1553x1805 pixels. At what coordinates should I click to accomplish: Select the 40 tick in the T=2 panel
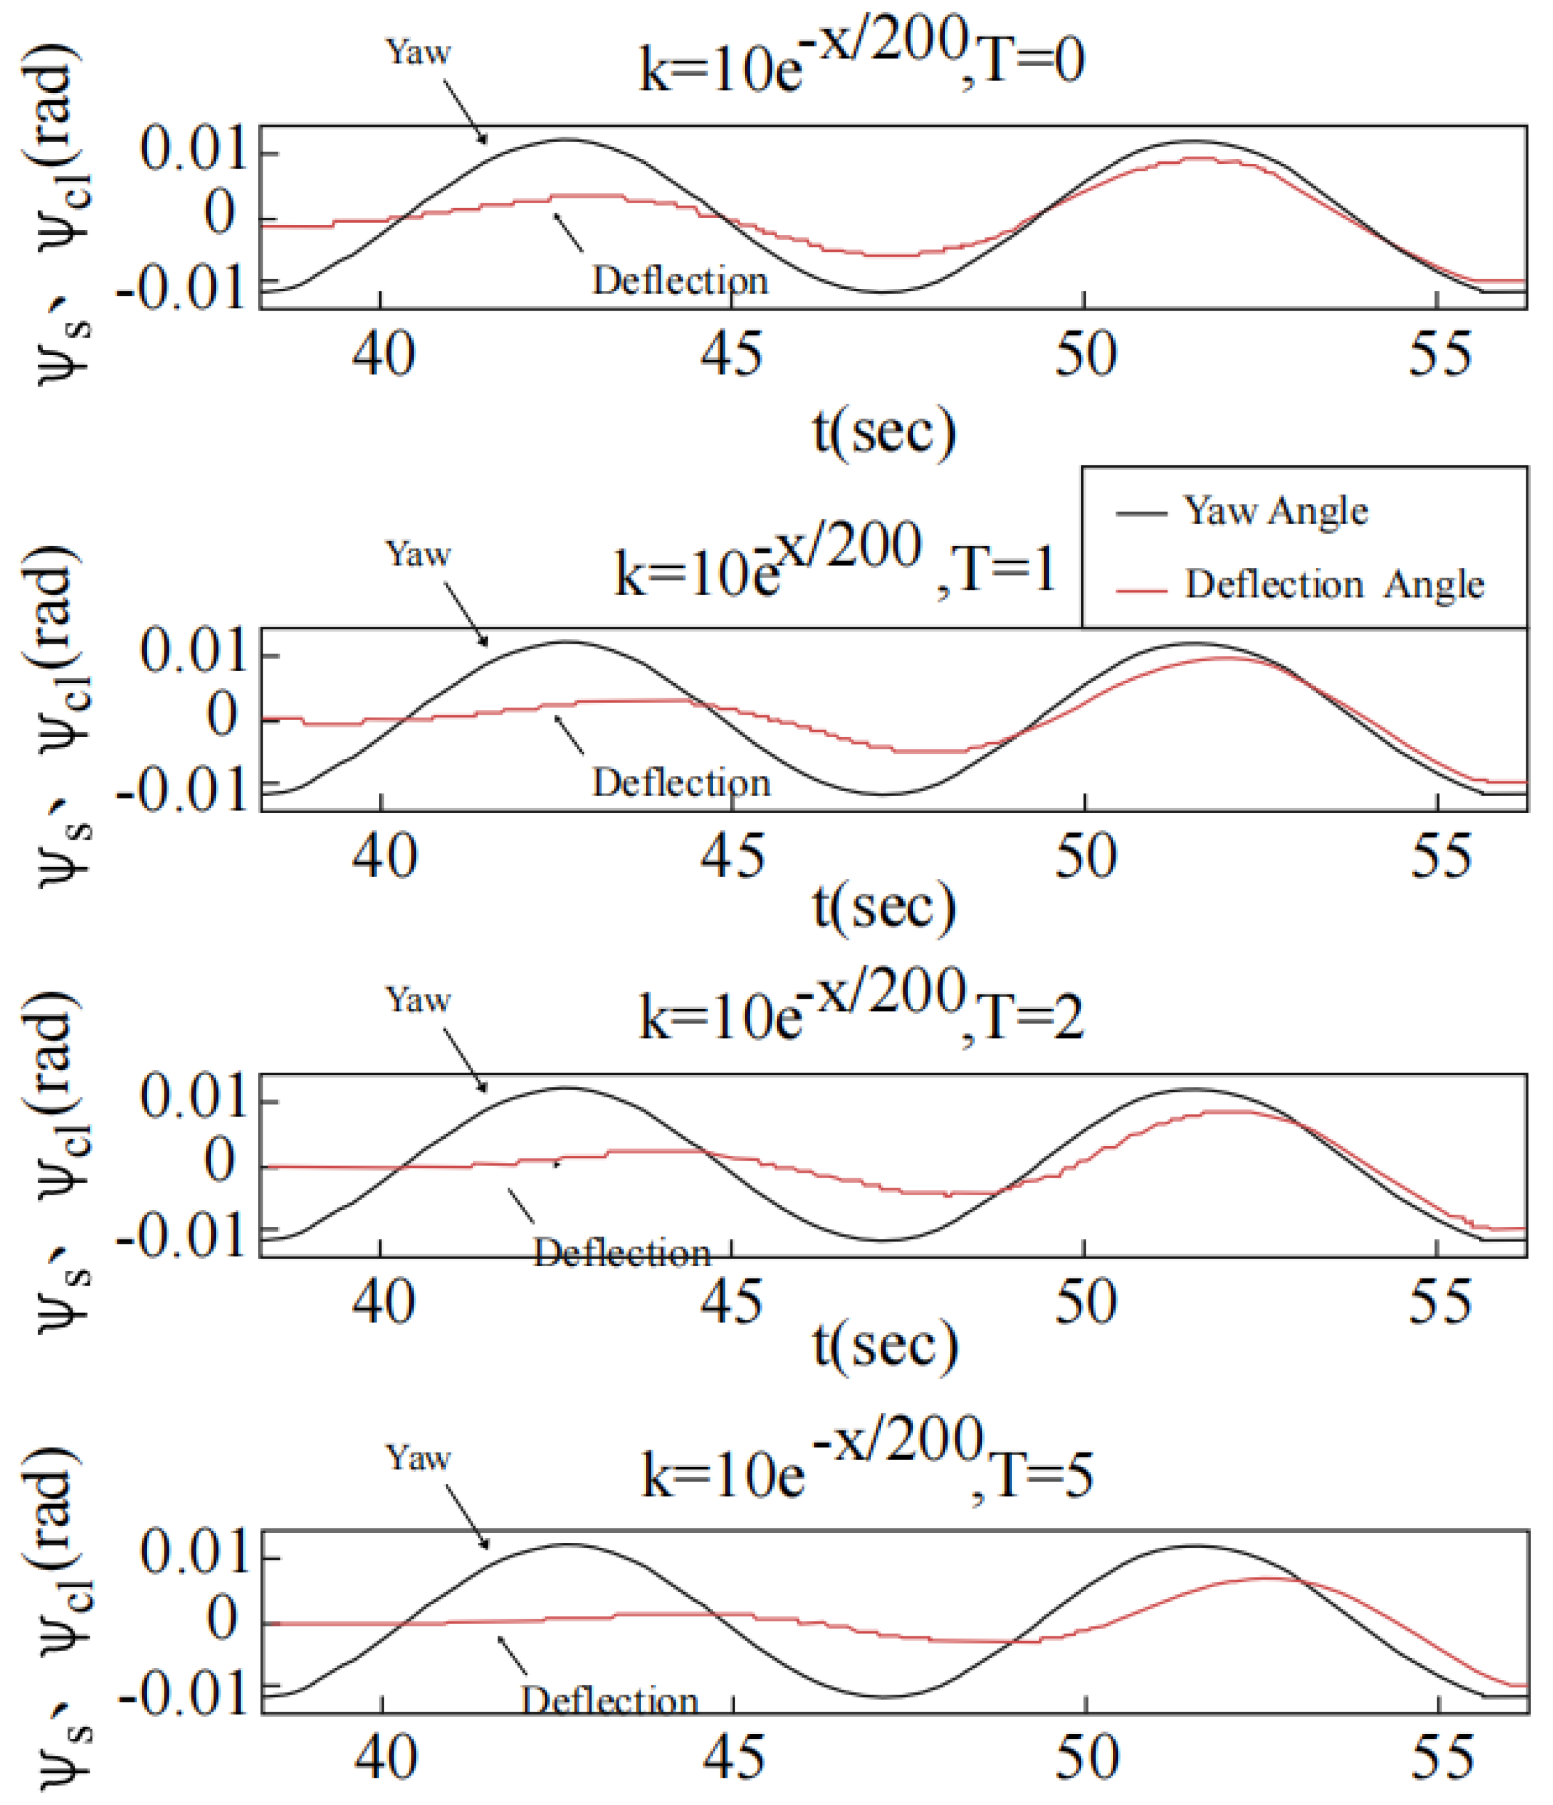383,1303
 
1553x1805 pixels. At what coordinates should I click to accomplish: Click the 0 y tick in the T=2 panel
220,1162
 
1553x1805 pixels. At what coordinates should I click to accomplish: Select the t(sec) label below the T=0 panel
883,431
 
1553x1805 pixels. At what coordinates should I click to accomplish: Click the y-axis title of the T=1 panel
61,714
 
